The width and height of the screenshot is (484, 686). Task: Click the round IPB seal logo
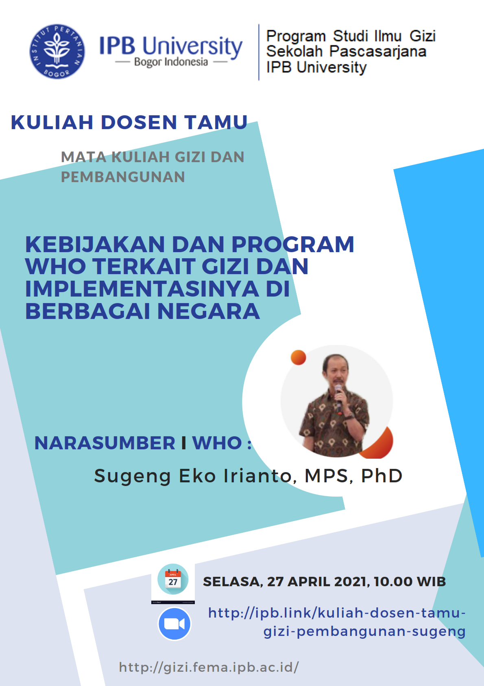click(57, 51)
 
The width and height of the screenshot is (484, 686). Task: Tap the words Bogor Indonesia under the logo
click(171, 62)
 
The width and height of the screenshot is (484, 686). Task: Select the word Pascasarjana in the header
click(377, 51)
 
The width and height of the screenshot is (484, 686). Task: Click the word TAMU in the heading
click(216, 122)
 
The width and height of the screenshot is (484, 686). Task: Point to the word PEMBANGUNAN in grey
click(123, 177)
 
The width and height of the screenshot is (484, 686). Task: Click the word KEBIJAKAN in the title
click(95, 244)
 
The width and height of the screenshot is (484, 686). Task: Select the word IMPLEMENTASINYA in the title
click(142, 289)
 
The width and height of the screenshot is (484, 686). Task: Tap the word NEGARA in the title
click(208, 312)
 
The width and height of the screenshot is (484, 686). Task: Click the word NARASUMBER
click(105, 443)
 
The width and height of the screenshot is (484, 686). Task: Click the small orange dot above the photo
click(299, 357)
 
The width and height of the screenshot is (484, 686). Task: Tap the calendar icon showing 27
click(173, 580)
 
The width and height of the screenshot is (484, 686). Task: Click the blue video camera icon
click(174, 624)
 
